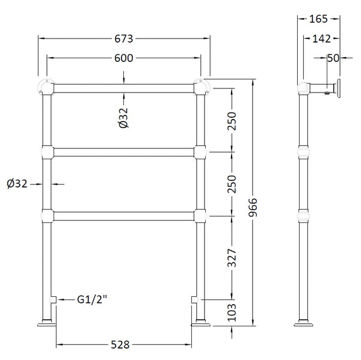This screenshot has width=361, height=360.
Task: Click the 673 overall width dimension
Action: pos(125,38)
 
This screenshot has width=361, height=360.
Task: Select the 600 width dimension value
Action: pos(125,58)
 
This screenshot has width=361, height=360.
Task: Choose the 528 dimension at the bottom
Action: pos(125,345)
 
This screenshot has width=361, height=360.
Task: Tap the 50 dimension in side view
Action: pos(333,58)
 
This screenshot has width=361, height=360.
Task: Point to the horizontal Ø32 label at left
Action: pos(17,184)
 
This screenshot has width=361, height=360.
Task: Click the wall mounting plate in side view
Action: pos(339,88)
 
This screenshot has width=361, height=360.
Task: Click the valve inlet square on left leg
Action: pos(53,299)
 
